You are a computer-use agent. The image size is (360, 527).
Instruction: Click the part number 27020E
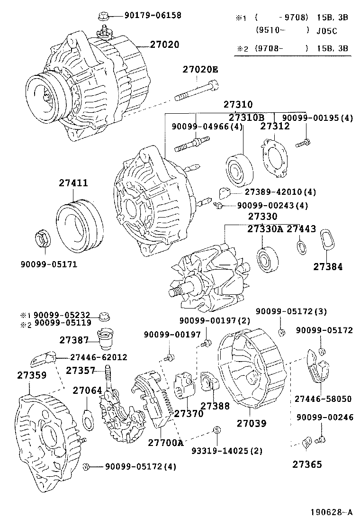coord(200,70)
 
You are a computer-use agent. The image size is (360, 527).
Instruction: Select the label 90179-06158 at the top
coord(153,16)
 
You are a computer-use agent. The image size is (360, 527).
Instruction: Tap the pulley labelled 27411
coord(79,224)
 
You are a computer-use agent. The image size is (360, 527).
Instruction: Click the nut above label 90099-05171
coord(43,238)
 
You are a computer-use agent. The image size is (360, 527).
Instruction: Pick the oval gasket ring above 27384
coord(326,240)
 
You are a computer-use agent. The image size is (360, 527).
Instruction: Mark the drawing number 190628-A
coord(332,512)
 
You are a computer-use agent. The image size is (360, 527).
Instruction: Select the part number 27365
coord(307,464)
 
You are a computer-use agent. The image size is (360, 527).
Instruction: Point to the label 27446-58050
coord(323,399)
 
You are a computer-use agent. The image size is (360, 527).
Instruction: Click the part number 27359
coord(32,375)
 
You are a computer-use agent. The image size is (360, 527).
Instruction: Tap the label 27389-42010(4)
coord(280,192)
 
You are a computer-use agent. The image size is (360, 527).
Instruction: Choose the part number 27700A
coord(165,443)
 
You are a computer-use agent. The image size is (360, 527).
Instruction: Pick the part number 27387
coord(74,340)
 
